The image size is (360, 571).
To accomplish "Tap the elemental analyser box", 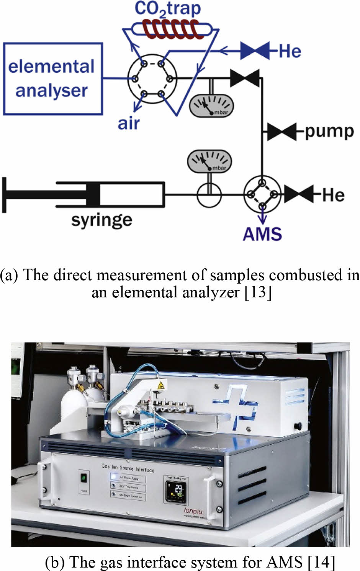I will click(x=53, y=78).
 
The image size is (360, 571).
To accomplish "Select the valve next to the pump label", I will click(x=282, y=132).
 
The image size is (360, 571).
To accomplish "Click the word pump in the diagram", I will click(x=329, y=132).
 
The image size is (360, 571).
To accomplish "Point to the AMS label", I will click(x=262, y=234).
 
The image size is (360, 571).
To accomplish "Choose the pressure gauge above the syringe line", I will click(x=209, y=162).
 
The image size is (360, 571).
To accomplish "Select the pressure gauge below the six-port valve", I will click(x=211, y=105).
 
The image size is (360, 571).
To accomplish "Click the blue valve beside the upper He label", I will click(x=255, y=51).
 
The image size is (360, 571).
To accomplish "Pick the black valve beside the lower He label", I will click(x=299, y=194).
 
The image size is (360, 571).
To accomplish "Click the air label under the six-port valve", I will click(x=129, y=124).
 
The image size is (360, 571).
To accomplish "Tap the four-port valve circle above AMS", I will click(x=262, y=194).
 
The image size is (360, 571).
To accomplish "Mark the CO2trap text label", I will click(x=167, y=9).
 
